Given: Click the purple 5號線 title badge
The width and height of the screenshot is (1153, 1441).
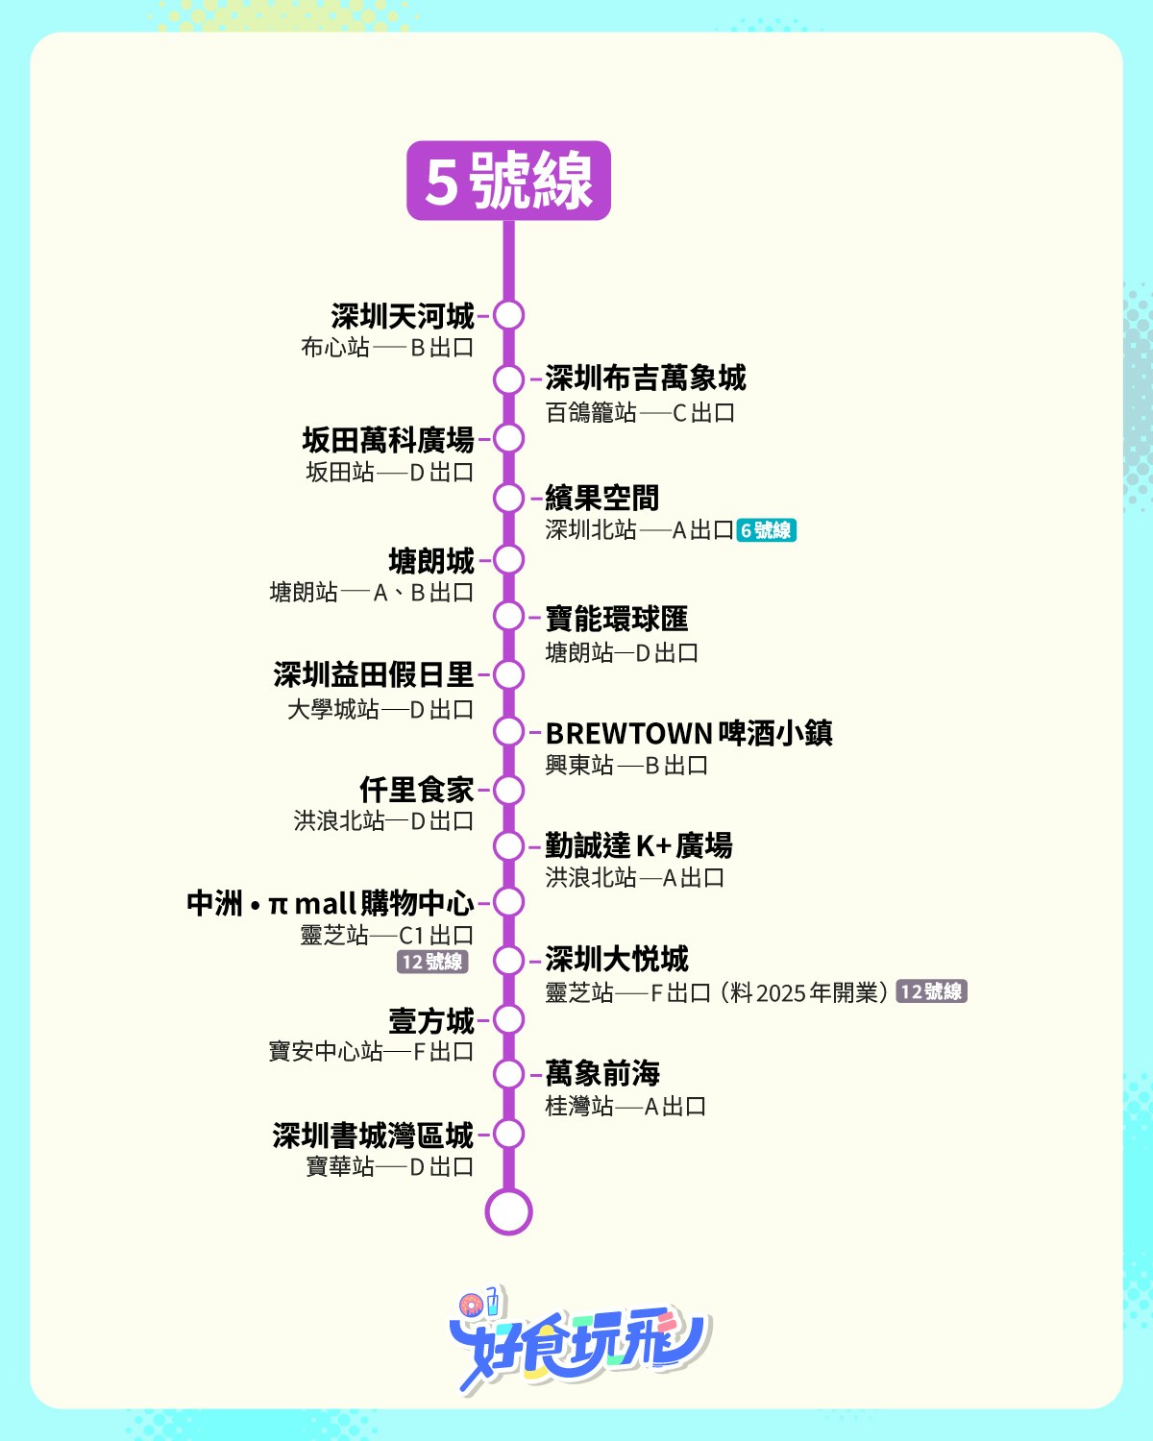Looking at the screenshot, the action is click(x=508, y=181).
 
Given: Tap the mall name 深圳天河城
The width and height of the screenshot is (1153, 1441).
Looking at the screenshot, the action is click(x=403, y=316).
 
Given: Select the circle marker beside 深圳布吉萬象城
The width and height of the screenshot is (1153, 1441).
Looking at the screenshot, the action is click(x=508, y=379).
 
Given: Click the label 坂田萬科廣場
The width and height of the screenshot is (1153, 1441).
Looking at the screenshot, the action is click(x=388, y=440).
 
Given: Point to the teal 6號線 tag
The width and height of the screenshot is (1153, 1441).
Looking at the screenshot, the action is click(x=767, y=529).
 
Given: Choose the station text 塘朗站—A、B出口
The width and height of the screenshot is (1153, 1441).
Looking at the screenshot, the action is click(x=372, y=592).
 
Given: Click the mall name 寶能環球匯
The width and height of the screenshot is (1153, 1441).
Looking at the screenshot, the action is click(x=616, y=618).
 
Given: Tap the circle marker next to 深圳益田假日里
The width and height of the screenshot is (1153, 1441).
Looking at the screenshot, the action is click(x=508, y=675).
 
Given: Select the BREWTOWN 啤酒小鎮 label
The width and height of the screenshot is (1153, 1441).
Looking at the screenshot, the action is click(x=689, y=733).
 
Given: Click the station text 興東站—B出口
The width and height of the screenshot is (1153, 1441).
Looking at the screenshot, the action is click(x=626, y=765).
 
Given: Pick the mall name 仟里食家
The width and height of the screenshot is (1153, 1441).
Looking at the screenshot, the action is click(x=417, y=790).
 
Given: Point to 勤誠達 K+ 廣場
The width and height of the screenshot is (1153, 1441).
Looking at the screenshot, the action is click(x=638, y=845).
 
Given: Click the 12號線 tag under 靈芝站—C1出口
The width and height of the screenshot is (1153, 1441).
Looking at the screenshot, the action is click(x=432, y=962).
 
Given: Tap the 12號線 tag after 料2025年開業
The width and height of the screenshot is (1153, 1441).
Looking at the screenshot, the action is click(x=931, y=991).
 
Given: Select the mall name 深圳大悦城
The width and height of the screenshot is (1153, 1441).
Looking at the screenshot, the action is click(x=616, y=959).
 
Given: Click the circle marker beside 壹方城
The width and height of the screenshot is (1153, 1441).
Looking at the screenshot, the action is click(x=508, y=1019).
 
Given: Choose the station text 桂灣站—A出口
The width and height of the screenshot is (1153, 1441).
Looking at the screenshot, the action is click(x=626, y=1106).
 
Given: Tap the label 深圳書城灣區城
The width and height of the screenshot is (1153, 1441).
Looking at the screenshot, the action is click(x=373, y=1136).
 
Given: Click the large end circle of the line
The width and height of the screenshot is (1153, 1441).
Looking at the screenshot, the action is click(x=508, y=1212).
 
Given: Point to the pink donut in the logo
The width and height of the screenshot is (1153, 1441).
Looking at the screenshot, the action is click(x=470, y=1306).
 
